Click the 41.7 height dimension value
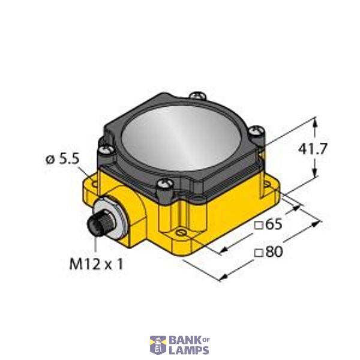coord(313,149)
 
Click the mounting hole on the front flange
coord(181,232)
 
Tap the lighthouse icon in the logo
coord(158,345)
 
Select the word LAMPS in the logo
coord(189,350)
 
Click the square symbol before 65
coord(259,226)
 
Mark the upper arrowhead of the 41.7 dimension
coord(314,122)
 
